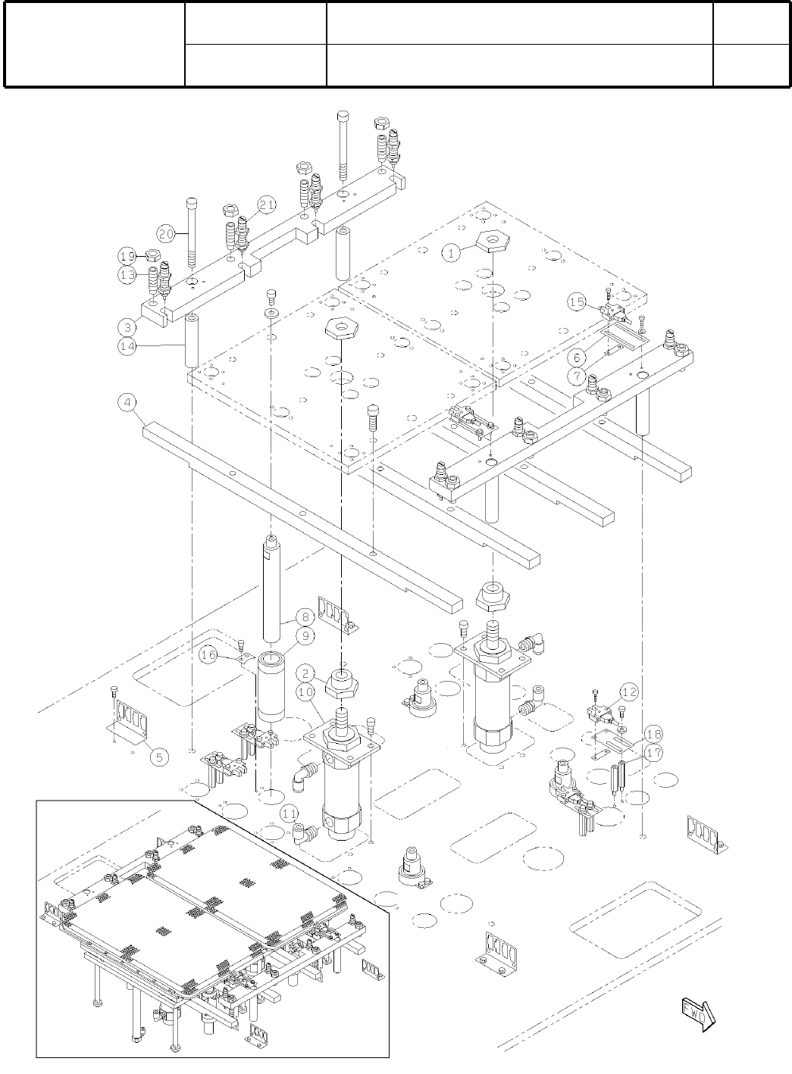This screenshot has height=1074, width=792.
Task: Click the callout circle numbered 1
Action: pos(452,253)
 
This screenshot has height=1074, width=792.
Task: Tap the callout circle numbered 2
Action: pos(304,671)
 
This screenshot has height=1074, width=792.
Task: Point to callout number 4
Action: pos(128,402)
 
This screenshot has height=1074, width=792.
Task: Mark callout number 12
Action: pos(628,692)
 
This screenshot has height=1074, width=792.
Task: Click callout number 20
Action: pos(167,232)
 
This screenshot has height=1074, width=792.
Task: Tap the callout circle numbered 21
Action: pos(266,204)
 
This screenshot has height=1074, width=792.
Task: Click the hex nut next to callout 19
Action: pos(151,254)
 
